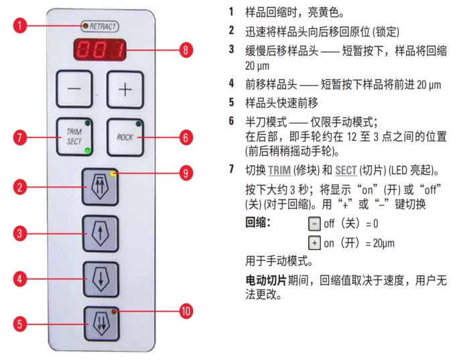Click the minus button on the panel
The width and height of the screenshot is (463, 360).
point(74,89)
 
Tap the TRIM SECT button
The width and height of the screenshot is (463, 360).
point(74,137)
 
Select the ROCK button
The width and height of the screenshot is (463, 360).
point(125,137)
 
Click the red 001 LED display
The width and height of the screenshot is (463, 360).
point(101,49)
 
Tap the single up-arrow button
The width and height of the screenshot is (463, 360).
point(101,233)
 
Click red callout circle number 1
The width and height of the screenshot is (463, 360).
point(22,26)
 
